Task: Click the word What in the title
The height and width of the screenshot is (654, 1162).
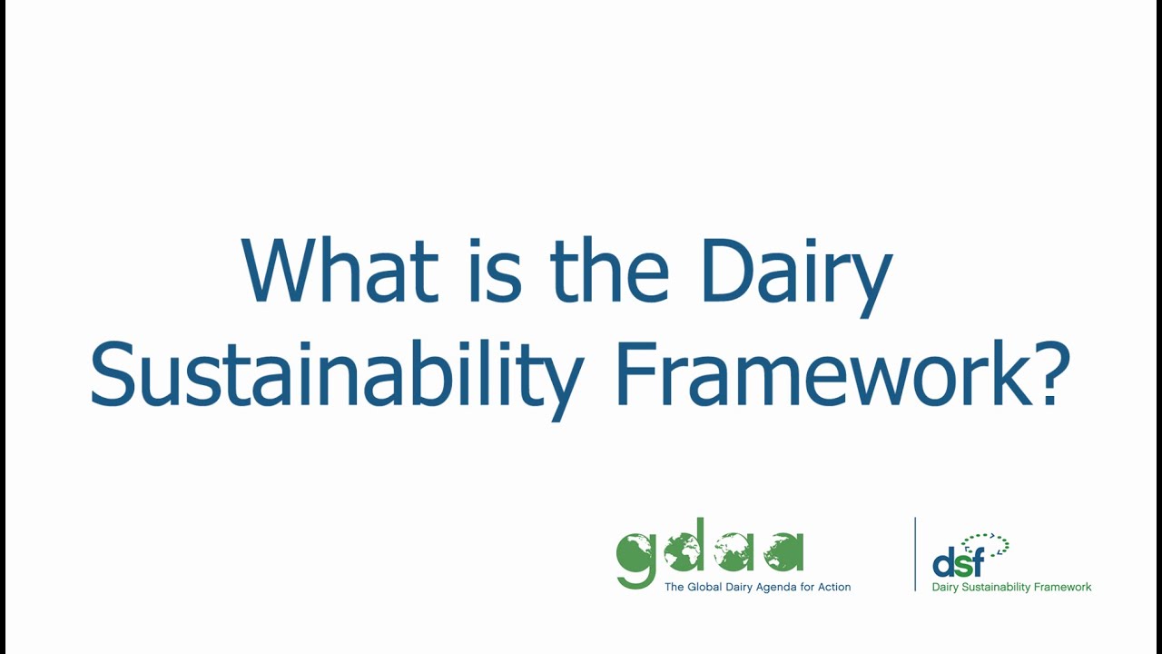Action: coord(339,272)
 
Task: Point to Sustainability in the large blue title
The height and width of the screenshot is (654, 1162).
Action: coord(336,375)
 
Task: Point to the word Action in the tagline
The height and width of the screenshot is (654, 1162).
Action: coord(834,587)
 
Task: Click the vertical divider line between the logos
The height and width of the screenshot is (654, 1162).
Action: coord(915,554)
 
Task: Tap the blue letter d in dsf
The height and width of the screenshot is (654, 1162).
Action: coord(944,563)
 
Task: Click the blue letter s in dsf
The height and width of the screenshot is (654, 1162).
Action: coord(961,567)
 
